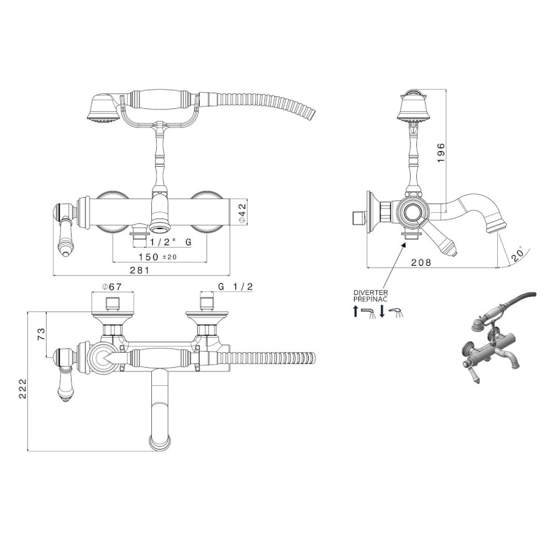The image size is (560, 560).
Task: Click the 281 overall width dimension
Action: [x=139, y=270]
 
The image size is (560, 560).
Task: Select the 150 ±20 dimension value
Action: [x=157, y=257]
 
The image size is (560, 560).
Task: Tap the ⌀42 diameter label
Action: [x=242, y=213]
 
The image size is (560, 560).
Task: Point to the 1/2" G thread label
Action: [x=170, y=242]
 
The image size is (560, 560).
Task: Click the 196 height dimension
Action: [x=441, y=152]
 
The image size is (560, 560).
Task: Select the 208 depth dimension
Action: [x=421, y=263]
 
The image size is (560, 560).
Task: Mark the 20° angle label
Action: [x=519, y=254]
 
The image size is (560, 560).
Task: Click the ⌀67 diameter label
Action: [x=112, y=286]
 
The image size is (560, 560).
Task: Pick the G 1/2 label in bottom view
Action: [x=235, y=286]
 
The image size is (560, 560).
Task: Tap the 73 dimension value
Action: [x=42, y=334]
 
